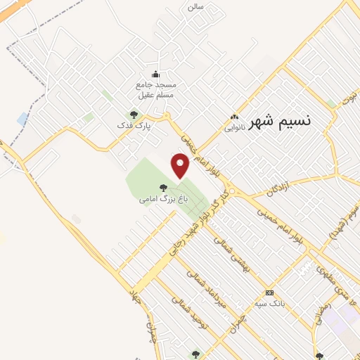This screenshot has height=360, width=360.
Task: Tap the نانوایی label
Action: point(235,128)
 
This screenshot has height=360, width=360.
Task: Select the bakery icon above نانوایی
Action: point(235,117)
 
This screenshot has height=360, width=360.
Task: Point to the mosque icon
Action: point(156,75)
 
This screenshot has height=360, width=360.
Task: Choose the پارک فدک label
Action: point(134,125)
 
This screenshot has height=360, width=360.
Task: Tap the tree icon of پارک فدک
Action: point(134,115)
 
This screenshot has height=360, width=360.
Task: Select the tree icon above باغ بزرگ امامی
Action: point(163,188)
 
